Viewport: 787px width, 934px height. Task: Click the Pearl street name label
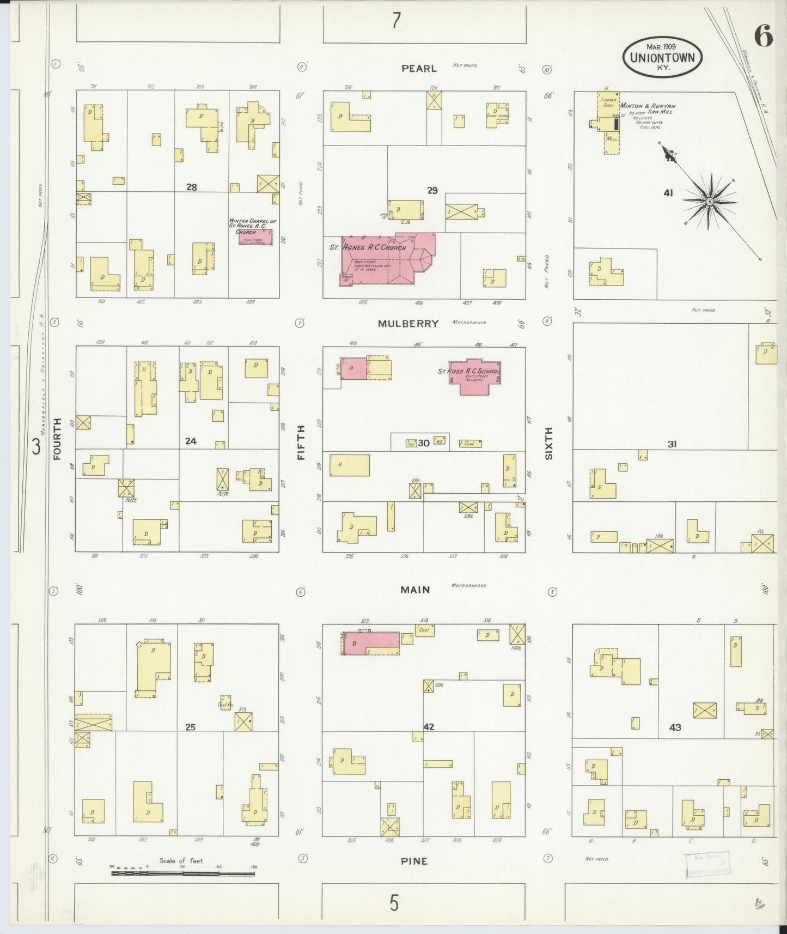(419, 68)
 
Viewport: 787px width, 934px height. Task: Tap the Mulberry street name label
(408, 324)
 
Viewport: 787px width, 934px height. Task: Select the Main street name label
(415, 590)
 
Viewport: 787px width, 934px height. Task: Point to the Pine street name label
(414, 861)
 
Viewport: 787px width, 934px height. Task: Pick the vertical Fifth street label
(301, 443)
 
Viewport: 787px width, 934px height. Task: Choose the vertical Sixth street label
(548, 443)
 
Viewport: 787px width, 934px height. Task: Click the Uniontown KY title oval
(662, 57)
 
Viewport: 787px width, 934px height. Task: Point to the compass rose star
(710, 202)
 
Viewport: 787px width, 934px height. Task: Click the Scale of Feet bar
(183, 873)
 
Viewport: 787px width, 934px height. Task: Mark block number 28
(191, 187)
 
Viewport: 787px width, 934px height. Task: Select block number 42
(429, 726)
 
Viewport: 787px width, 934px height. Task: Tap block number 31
(672, 444)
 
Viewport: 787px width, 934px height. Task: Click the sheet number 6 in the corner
(763, 37)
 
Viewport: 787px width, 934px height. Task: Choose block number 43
(675, 727)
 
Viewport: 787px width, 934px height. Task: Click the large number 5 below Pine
(394, 903)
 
